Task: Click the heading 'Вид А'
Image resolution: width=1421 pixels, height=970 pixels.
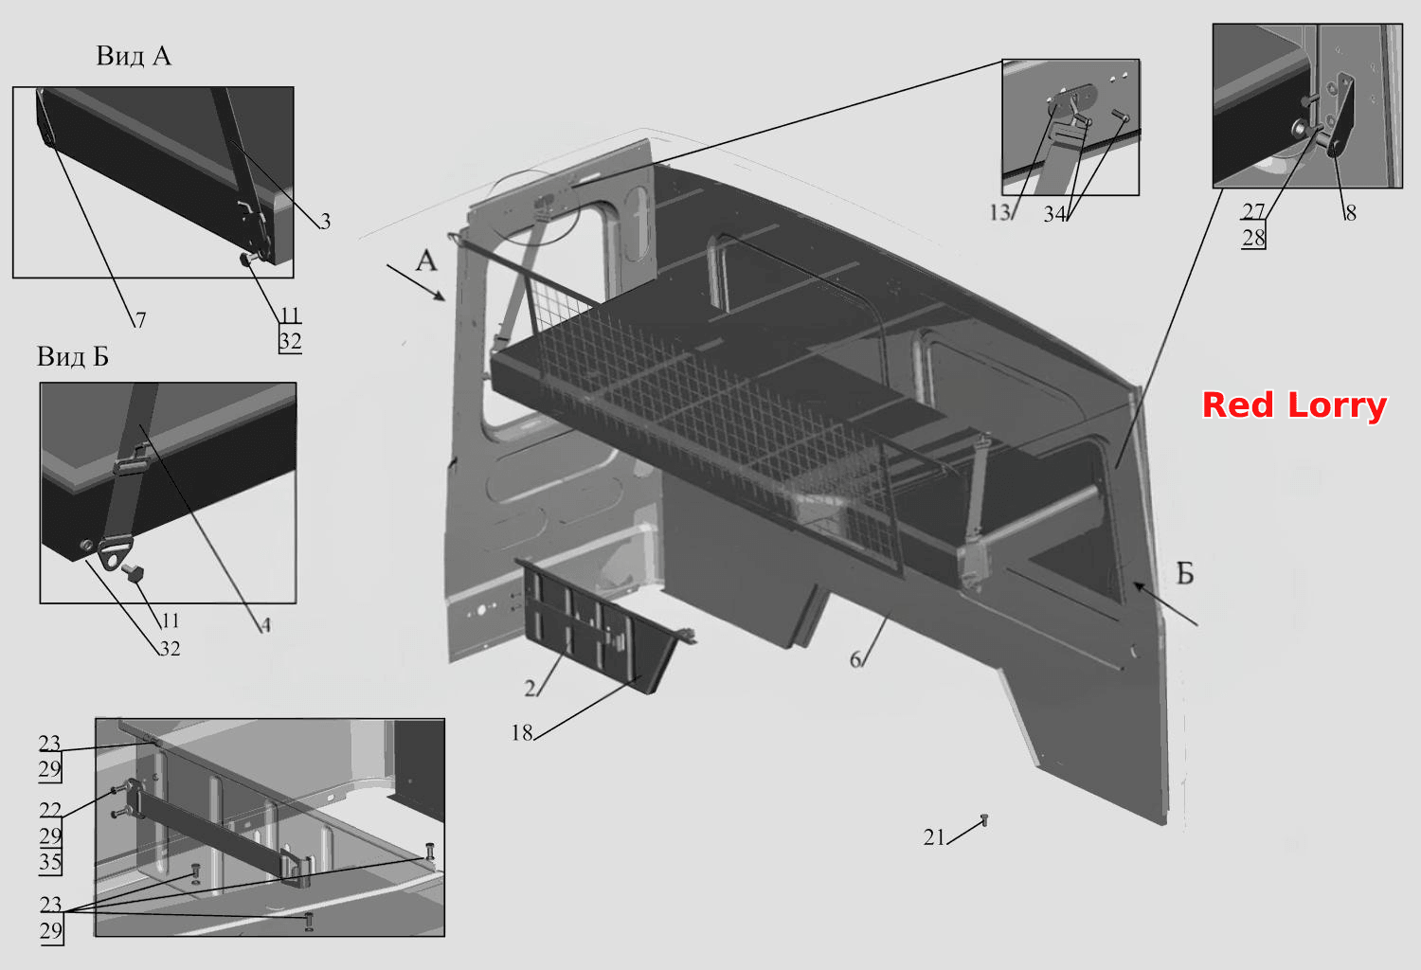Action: coord(134,56)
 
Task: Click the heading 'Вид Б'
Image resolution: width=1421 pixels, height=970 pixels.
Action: coord(73,356)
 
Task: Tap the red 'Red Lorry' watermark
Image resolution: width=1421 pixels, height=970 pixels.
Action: coord(1294,405)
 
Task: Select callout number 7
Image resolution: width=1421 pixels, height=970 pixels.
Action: coord(140,320)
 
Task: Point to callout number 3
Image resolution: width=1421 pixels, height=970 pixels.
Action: coord(325,221)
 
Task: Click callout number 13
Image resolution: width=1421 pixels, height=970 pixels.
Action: coord(999,212)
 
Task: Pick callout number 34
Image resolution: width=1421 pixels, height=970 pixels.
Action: coord(1054,214)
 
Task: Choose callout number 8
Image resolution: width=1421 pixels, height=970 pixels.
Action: coord(1351,213)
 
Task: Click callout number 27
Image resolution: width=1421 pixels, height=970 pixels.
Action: coord(1253,210)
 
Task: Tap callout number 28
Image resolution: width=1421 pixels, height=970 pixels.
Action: coord(1253,238)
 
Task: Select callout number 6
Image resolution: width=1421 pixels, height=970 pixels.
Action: coord(855,660)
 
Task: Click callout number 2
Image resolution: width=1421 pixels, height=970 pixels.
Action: coord(531,689)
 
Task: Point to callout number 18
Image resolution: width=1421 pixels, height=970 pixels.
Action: coord(522,733)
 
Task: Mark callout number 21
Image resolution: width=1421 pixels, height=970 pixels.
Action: coord(934,837)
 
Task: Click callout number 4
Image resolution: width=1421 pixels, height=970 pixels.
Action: coord(266,625)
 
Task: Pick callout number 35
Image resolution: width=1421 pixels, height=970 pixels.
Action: coord(51,861)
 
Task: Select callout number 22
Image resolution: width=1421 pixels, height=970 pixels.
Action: coord(51,810)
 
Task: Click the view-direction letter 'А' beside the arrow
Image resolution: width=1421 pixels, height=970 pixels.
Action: coord(426,260)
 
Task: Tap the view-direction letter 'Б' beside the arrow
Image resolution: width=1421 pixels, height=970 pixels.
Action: coord(1185,573)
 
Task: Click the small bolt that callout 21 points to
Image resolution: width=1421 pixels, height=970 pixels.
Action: coord(984,819)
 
